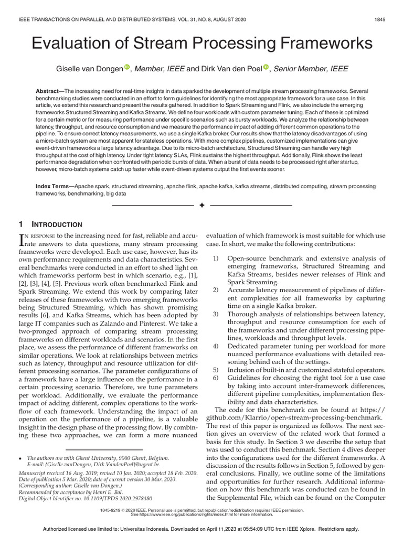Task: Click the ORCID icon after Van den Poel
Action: click(x=266, y=68)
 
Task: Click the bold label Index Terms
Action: click(x=55, y=186)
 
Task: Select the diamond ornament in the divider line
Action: click(x=201, y=205)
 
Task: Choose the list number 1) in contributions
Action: click(x=216, y=259)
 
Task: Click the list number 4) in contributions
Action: click(x=216, y=347)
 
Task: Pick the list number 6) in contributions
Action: click(x=216, y=378)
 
